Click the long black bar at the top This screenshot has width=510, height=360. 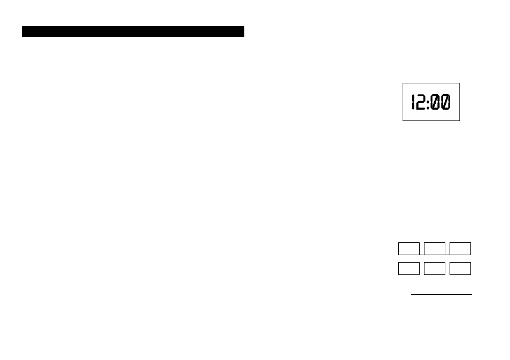133,32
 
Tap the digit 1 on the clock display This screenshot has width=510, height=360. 413,102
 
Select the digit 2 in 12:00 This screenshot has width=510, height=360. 421,102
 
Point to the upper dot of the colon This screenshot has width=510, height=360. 428,98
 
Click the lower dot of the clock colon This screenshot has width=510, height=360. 428,106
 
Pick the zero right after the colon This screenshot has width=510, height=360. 435,102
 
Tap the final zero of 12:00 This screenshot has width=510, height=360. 446,102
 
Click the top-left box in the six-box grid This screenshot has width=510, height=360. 409,249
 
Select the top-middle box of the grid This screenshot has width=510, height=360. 435,249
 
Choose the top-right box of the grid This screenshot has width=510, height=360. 460,249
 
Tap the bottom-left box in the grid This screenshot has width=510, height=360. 409,269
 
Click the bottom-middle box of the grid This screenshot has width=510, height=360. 435,269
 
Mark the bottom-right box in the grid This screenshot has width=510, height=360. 460,269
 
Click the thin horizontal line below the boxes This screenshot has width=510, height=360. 442,294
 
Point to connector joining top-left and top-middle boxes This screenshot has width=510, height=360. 422,255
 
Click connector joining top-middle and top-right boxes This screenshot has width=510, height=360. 447,255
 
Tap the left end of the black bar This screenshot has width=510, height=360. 22,32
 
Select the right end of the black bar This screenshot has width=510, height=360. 244,32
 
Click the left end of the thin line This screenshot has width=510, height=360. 412,294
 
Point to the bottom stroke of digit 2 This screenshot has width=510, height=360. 421,109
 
